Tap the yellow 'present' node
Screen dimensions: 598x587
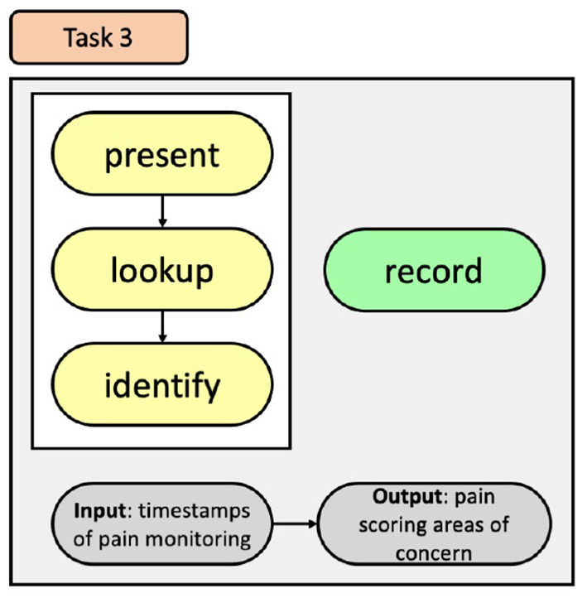[162, 155]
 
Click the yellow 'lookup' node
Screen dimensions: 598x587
[162, 271]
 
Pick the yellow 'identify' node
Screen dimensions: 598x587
[162, 385]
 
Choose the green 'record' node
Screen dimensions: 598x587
[433, 271]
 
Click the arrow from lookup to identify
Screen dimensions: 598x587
[162, 327]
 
